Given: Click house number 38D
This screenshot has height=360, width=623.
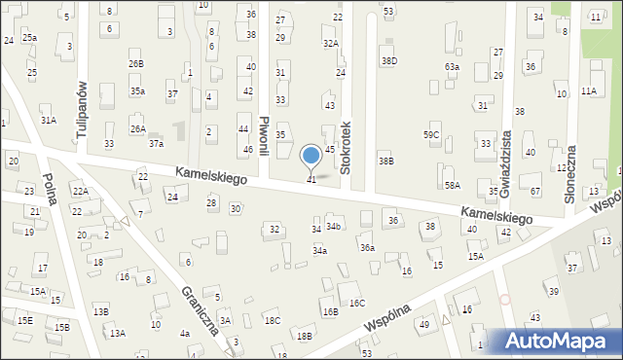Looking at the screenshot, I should tap(388, 60).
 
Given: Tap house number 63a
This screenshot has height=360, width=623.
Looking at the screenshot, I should tap(452, 66).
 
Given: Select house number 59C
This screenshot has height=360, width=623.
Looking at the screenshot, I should tap(431, 134).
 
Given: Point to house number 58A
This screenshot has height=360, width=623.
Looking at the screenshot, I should tap(452, 185).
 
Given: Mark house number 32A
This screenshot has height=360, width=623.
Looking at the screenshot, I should tap(331, 43).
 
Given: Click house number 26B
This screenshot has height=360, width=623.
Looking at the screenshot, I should tap(135, 63).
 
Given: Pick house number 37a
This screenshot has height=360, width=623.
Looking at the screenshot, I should tap(156, 143).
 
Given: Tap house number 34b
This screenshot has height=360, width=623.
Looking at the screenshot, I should tap(333, 227).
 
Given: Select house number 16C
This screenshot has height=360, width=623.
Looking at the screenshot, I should tap(357, 303).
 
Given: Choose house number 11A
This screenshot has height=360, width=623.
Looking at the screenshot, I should tap(589, 90).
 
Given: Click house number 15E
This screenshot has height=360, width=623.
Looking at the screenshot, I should tap(24, 320).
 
